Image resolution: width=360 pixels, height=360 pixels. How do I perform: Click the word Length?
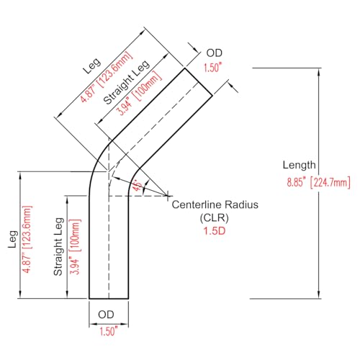(x=299, y=166)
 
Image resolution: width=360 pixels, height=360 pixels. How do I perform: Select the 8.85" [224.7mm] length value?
(x=319, y=183)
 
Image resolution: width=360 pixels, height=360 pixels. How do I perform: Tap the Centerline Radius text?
(x=215, y=204)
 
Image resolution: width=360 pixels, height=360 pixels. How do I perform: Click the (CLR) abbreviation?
(x=215, y=218)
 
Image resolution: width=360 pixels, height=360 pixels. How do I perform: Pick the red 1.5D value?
(x=215, y=231)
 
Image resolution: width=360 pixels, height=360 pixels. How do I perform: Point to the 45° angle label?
(x=138, y=185)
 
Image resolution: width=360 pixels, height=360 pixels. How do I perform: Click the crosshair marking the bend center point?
(x=168, y=196)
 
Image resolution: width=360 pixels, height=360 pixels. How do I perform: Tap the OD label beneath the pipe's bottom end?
(x=106, y=315)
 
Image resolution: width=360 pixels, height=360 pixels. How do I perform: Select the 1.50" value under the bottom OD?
(x=109, y=331)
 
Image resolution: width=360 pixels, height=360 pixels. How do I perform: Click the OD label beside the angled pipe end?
(x=215, y=53)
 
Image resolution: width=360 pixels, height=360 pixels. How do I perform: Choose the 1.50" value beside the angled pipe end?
(x=212, y=68)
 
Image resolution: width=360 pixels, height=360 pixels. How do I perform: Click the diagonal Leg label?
(x=92, y=66)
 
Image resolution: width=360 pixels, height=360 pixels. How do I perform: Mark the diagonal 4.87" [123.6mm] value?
(x=107, y=77)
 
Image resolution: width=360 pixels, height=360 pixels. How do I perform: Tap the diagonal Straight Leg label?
(x=127, y=82)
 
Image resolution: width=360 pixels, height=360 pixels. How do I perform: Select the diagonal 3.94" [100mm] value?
(x=139, y=94)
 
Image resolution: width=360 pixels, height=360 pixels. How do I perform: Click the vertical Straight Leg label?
(x=58, y=247)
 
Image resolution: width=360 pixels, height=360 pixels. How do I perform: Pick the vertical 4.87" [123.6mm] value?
(x=27, y=239)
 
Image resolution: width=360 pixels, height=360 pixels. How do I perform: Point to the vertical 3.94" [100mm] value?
(x=75, y=247)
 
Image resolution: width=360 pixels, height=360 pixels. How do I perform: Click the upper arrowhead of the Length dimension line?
(x=319, y=72)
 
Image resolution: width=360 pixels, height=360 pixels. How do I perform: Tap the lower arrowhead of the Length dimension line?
(x=319, y=295)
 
